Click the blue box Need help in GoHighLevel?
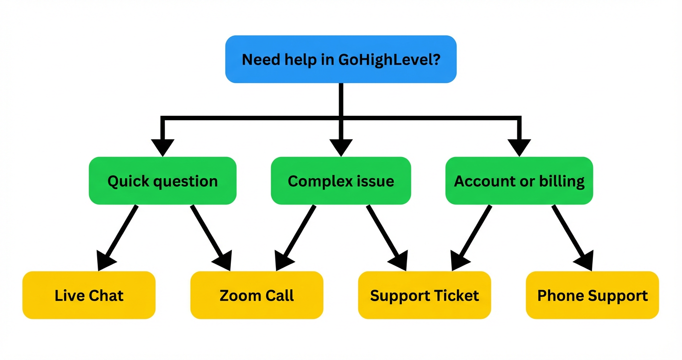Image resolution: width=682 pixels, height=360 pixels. click(x=341, y=59)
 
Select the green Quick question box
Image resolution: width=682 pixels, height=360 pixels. click(x=162, y=181)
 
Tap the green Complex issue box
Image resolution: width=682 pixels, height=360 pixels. click(x=341, y=181)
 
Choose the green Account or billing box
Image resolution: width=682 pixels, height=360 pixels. click(x=519, y=181)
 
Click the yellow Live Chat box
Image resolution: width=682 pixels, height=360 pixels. click(x=89, y=295)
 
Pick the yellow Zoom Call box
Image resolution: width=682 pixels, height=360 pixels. click(x=257, y=295)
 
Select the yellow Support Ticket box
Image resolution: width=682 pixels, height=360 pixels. click(x=424, y=295)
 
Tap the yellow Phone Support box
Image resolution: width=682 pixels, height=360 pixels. click(x=592, y=295)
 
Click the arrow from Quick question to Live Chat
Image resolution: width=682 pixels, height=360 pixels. click(x=120, y=235)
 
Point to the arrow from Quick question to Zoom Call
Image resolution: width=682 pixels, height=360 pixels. click(x=209, y=235)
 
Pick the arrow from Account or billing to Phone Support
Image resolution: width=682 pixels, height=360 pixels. click(x=570, y=235)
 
